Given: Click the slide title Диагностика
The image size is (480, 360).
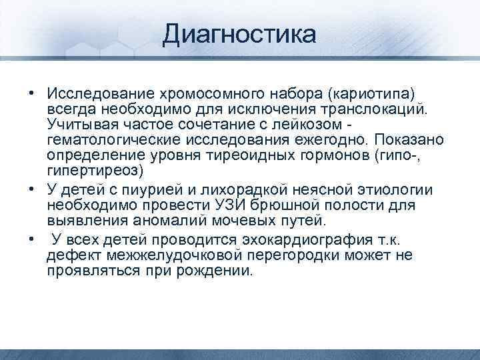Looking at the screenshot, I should click(x=240, y=33).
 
